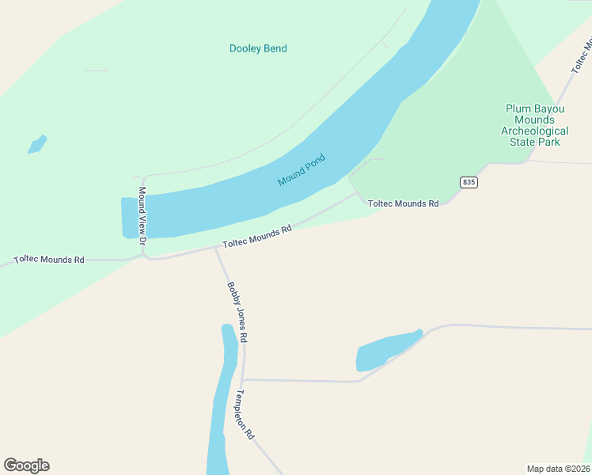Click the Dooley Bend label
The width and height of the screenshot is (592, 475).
pos(258,48)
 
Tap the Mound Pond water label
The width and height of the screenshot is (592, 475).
pos(302,170)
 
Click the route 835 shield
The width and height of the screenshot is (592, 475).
pos(469,182)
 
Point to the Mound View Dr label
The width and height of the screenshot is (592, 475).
pos(143,215)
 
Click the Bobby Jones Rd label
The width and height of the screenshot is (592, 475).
pos(237,312)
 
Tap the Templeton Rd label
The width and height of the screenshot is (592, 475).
pos(245,414)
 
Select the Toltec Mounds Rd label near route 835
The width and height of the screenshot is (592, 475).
pos(403,203)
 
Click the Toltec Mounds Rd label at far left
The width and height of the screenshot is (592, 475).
pos(49,259)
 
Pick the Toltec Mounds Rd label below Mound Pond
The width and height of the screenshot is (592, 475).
pos(257,236)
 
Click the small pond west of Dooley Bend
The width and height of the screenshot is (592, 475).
pos(37,144)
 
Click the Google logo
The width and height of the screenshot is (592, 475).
pos(26,465)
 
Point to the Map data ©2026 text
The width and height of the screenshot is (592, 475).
pos(559,468)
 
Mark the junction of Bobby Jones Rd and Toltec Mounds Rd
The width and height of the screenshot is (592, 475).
pos(215,247)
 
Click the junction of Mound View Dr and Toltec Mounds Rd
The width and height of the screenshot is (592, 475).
pos(144,256)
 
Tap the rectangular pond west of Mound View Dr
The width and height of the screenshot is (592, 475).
pos(129,218)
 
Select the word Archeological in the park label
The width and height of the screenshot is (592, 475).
pos(535,131)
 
